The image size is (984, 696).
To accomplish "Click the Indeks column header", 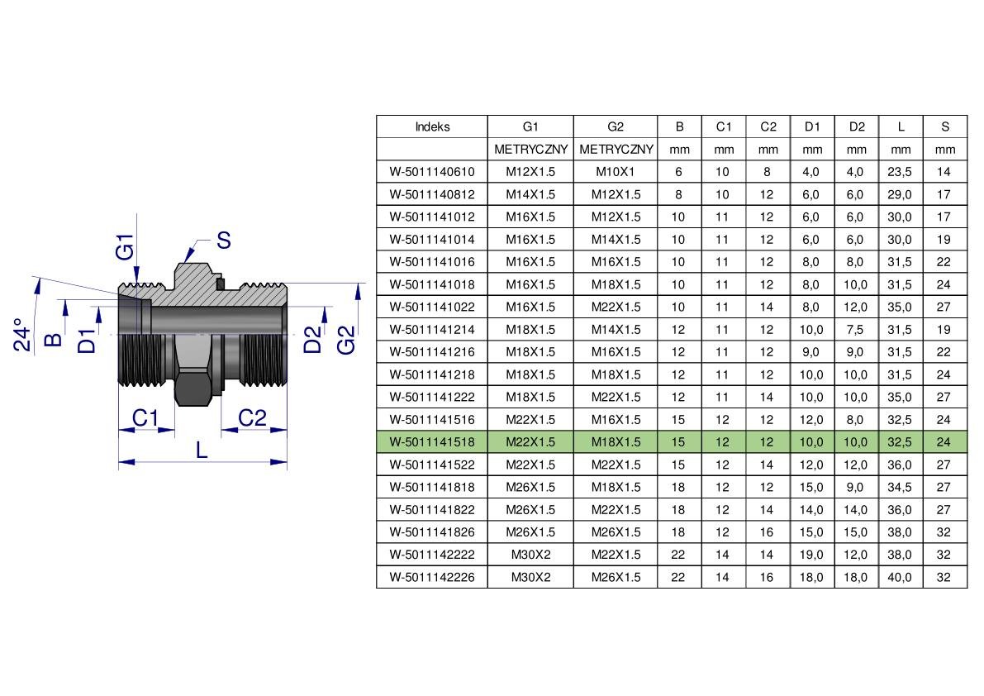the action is coord(432,126).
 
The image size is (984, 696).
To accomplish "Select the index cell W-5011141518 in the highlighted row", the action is coord(432,442).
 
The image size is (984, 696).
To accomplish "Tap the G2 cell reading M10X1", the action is coord(615,171).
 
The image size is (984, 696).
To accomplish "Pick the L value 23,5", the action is coord(899,171).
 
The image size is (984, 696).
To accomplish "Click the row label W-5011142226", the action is coord(432,577).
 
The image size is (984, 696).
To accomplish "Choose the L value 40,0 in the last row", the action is coord(899,577).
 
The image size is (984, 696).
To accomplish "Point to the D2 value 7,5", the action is coord(855,330).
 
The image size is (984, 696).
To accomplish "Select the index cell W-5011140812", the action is coord(432,194).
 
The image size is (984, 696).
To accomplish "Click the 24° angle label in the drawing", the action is coord(22,334).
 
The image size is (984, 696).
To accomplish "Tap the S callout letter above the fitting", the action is coord(223,240).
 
